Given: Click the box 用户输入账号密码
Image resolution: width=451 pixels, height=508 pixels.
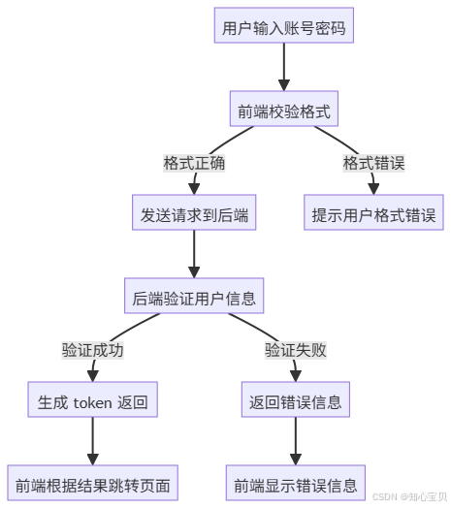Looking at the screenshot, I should (283, 26).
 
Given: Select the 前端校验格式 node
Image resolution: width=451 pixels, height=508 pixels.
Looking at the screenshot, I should (283, 112).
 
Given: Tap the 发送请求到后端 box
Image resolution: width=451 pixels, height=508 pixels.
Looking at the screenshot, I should (195, 214).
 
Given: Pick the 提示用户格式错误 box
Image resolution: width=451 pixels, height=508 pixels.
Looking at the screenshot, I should (373, 214).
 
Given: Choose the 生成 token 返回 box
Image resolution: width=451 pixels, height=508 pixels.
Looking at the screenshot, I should (92, 400).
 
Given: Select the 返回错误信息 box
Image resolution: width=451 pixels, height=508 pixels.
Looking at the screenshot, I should (294, 400).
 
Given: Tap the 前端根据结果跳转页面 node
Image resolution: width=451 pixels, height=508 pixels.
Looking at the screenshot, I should (92, 482).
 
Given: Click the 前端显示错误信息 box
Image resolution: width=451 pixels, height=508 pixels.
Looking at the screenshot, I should (294, 482).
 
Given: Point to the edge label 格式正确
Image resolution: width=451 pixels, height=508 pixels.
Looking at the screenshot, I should (195, 163).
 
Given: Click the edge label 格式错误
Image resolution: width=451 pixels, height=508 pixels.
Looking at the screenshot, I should (373, 163).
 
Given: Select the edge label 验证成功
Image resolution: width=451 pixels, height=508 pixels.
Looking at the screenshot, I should (92, 350).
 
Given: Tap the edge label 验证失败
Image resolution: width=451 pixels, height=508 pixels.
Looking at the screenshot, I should (295, 350).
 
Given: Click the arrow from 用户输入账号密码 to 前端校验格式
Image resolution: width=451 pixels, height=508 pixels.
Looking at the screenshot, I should (283, 68).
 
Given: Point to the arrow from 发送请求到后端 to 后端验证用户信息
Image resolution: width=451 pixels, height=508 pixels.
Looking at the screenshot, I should (195, 255).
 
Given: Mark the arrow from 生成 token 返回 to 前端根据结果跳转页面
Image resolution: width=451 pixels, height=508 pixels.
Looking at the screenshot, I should (92, 441).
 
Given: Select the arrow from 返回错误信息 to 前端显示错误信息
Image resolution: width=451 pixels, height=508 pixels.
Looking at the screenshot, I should (294, 441).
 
